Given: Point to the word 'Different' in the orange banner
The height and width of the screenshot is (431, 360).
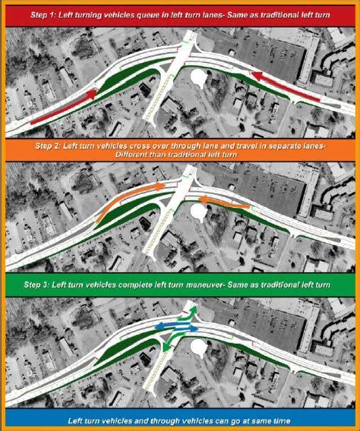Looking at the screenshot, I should (x=133, y=155).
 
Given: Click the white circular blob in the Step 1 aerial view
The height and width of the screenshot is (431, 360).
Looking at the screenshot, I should (x=200, y=77).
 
